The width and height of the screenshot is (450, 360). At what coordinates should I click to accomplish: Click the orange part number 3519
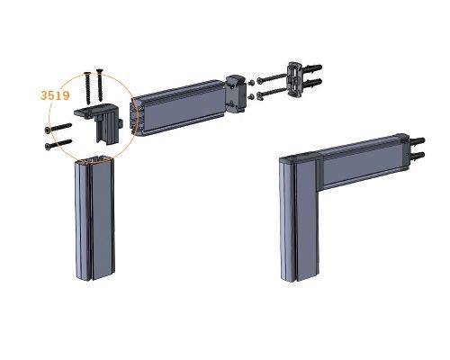click(55, 95)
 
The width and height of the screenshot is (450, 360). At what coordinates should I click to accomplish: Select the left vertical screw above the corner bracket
click(87, 88)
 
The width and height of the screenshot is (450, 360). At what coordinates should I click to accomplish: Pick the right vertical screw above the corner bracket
click(100, 85)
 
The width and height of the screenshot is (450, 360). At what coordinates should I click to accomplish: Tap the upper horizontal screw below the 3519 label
click(58, 128)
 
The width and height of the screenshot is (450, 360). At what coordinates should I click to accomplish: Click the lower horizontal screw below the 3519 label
click(58, 144)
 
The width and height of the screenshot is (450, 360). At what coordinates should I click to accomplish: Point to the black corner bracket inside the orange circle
click(99, 121)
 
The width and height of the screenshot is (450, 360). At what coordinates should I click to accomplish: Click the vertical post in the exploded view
click(94, 218)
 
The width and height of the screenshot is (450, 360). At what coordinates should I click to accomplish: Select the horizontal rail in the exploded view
click(178, 108)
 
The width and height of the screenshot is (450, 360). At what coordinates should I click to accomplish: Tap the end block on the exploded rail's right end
click(236, 94)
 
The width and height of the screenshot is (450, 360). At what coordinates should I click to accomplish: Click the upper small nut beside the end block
click(252, 82)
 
